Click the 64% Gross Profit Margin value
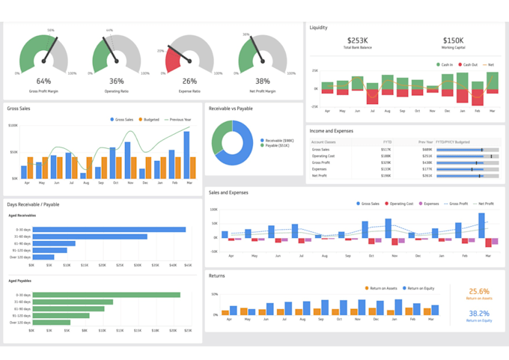(x=43, y=82)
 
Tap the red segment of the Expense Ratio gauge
(x=172, y=58)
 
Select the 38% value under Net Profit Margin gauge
(x=262, y=82)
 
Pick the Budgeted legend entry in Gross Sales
(x=151, y=119)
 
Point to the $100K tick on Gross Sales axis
(x=13, y=125)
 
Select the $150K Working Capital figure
(x=453, y=40)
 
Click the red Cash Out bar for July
(x=371, y=96)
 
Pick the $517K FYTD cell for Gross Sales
(x=387, y=149)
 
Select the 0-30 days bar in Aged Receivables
(x=109, y=230)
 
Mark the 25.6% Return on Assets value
(x=478, y=291)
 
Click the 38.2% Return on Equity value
(x=478, y=314)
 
